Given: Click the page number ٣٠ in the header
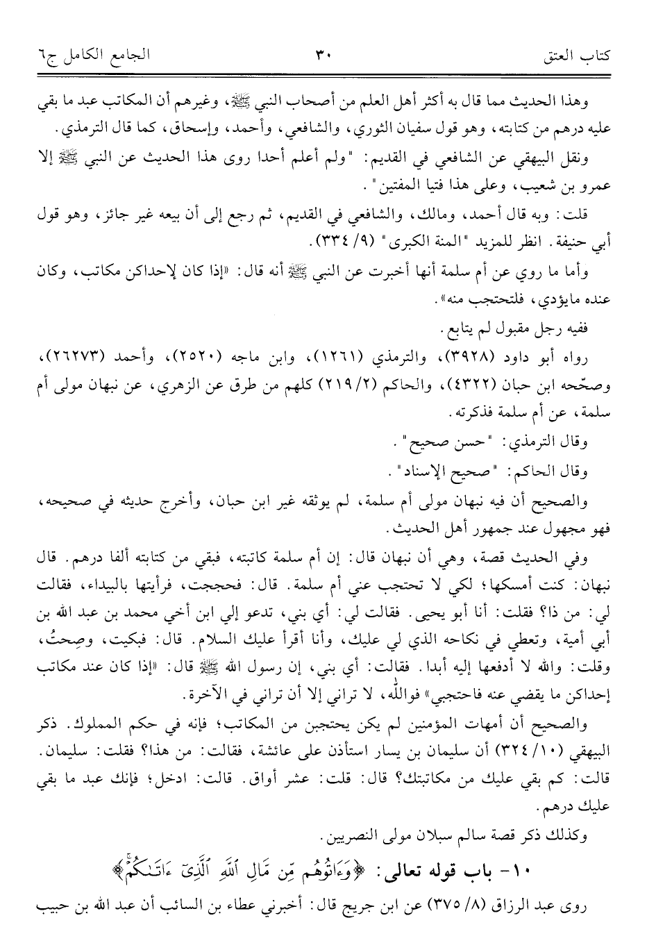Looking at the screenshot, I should tap(323, 53).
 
